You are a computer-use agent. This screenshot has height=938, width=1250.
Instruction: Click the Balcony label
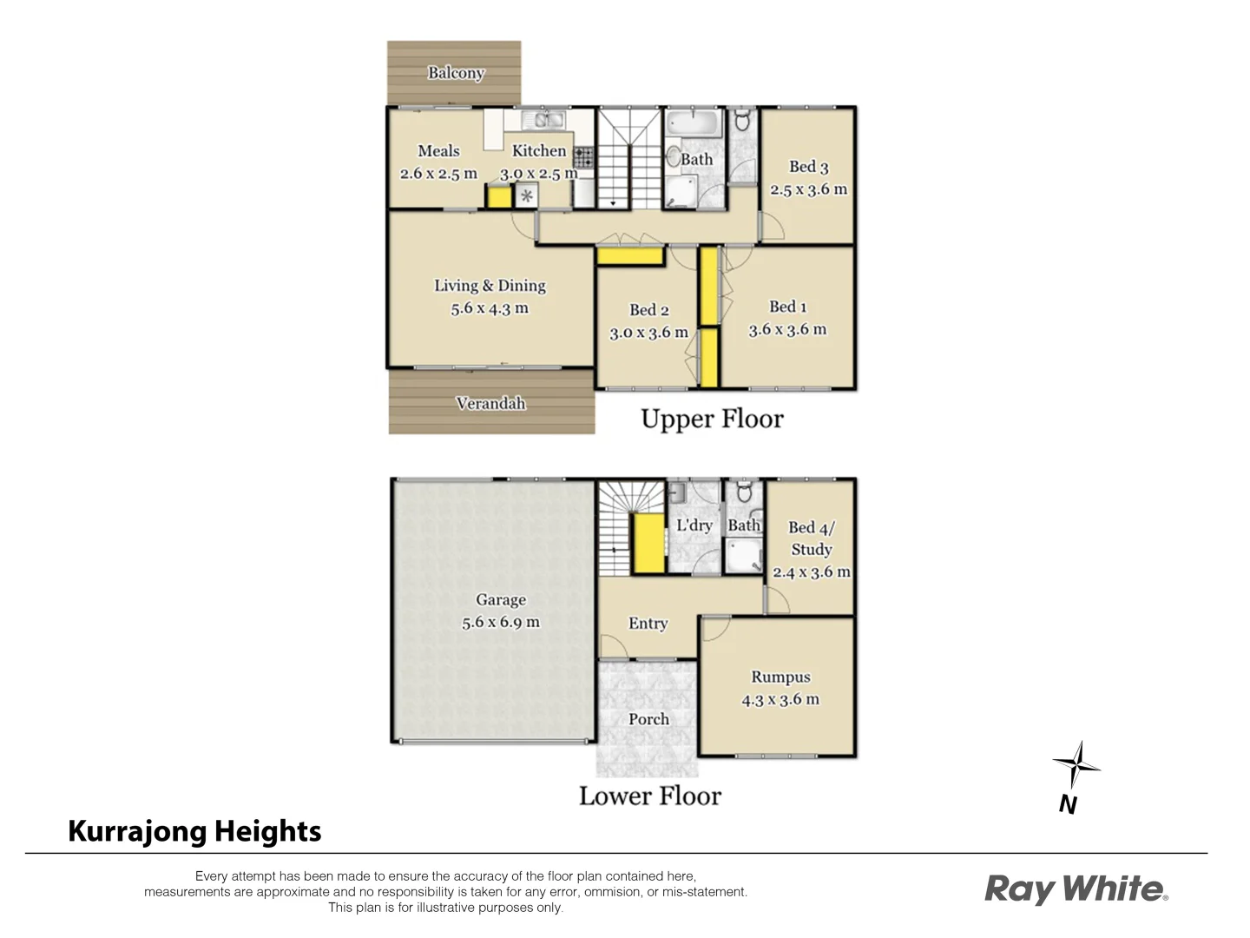(455, 73)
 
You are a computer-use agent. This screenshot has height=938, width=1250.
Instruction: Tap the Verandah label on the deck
(490, 403)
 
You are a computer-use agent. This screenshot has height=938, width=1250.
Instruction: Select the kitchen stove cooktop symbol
(583, 157)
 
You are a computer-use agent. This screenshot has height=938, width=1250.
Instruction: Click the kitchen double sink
(548, 121)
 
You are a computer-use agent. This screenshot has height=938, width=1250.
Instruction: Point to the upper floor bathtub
(693, 122)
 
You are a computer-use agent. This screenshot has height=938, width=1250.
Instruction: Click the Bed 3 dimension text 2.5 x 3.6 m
(808, 189)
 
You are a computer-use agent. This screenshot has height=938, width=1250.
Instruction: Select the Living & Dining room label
(490, 286)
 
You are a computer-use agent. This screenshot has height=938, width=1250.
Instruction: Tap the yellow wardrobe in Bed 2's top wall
(629, 256)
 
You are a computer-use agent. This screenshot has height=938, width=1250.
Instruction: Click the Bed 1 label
(787, 307)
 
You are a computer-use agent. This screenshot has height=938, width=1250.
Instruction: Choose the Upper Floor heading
(712, 419)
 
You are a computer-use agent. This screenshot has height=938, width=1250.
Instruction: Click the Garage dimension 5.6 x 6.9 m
(500, 623)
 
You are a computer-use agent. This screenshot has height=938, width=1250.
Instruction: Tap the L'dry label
(694, 525)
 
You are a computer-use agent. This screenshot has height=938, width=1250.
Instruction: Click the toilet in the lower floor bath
(743, 493)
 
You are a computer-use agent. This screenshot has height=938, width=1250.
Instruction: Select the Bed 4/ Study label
(811, 538)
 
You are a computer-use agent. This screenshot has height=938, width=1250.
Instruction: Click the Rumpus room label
(780, 677)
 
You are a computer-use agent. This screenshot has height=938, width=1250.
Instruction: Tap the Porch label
(648, 719)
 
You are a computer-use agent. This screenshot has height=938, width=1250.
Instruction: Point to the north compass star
(1076, 765)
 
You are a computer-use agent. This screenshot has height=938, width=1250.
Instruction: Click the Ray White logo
(1076, 889)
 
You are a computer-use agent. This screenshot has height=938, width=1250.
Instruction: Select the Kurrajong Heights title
(194, 831)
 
